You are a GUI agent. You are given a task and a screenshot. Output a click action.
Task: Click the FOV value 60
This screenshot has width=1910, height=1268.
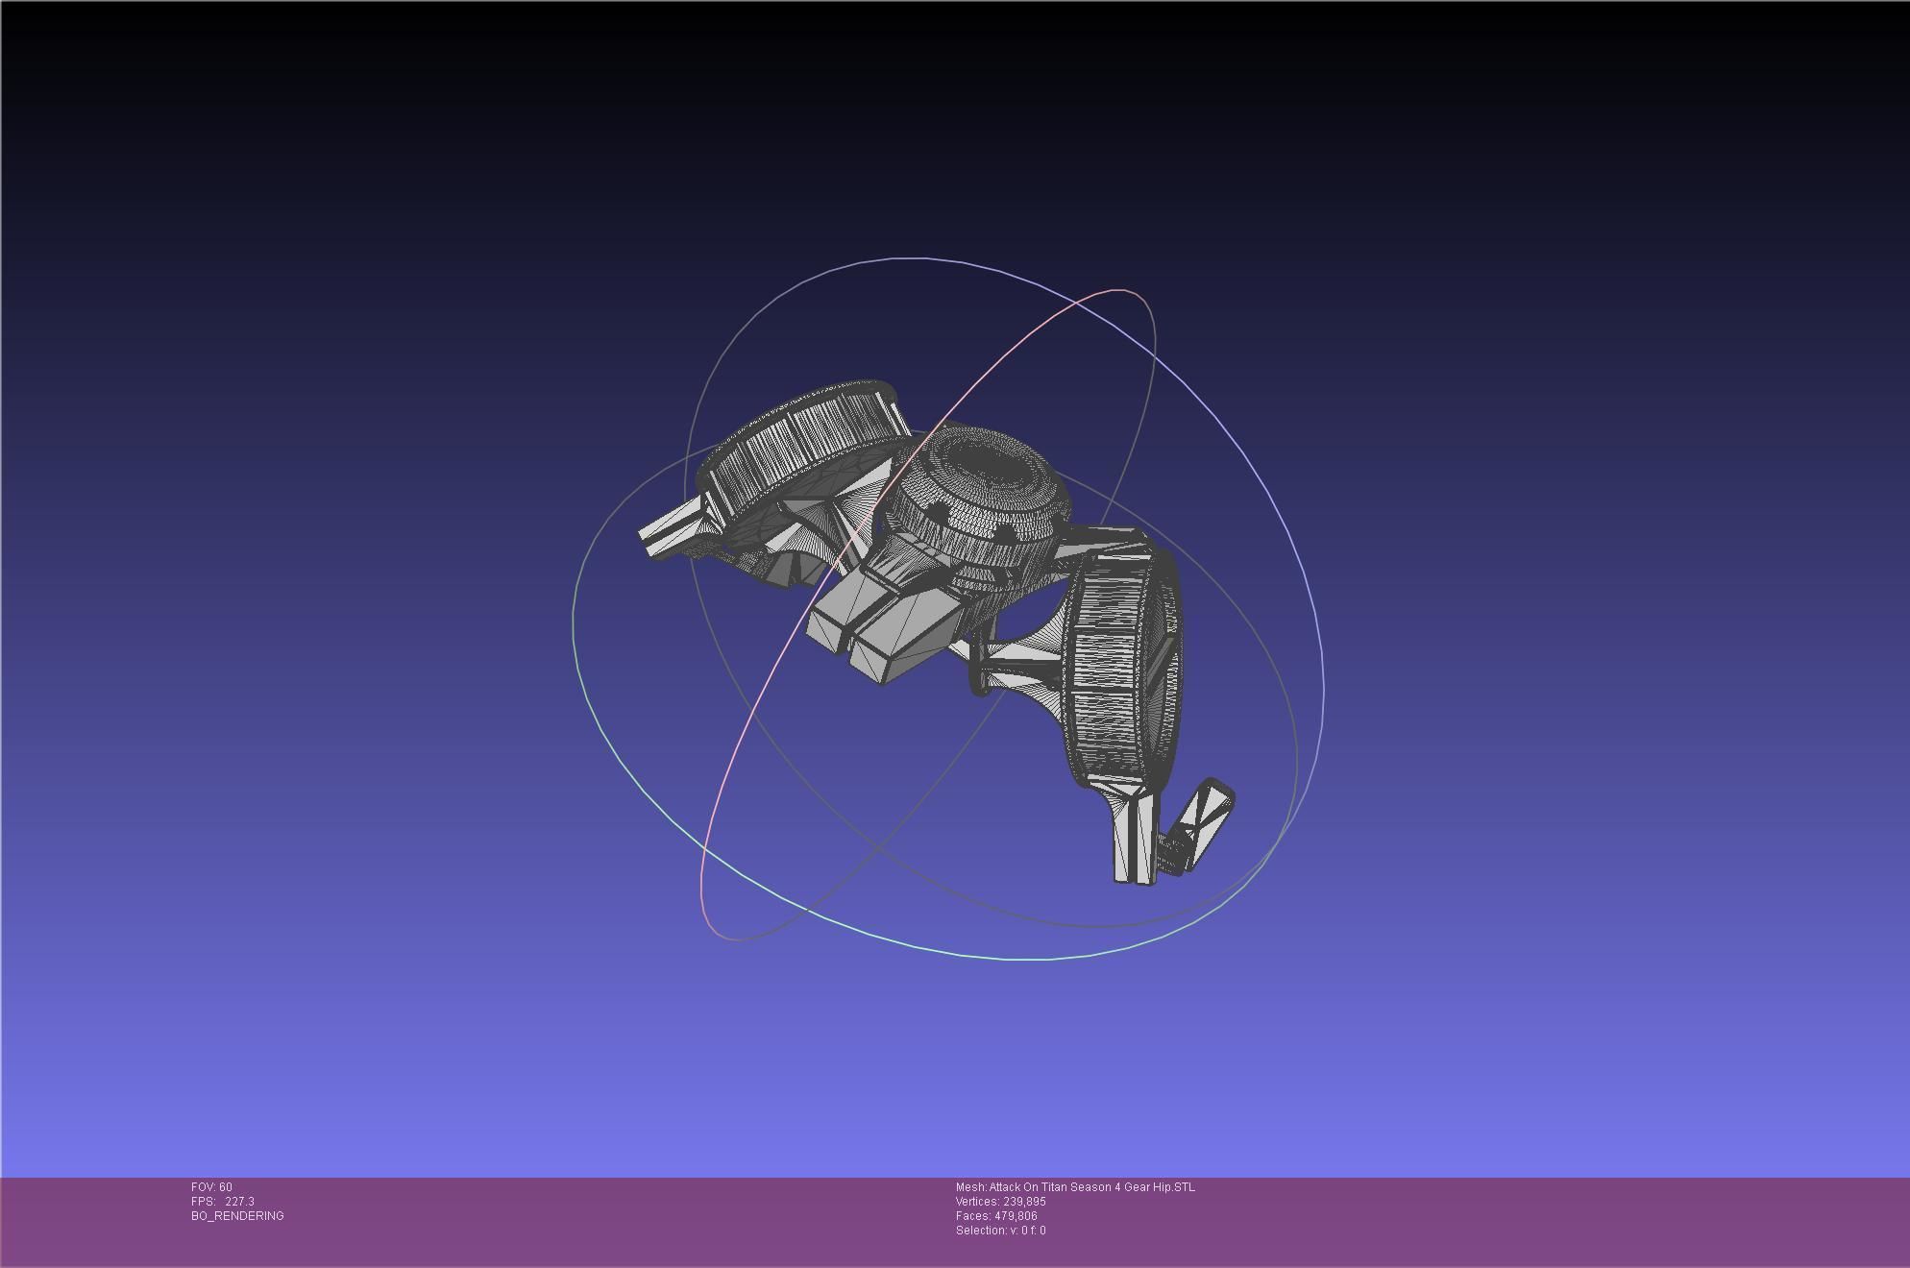point(225,1187)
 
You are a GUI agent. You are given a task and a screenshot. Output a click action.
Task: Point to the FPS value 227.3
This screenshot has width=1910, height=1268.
point(239,1202)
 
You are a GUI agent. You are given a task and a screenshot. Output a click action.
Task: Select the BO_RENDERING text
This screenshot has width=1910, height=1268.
point(237,1216)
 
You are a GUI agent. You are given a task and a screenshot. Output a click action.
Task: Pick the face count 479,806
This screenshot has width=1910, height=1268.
point(1016,1216)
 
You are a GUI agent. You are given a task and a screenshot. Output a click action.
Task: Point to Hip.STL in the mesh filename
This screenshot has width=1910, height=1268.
point(1174,1187)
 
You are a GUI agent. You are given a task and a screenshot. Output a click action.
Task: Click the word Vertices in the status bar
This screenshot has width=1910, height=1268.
point(977,1202)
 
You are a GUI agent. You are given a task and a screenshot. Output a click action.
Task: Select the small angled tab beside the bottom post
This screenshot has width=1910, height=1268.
point(1206,821)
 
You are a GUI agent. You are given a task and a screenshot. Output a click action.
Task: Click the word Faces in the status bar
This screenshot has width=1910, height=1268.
point(972,1216)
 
